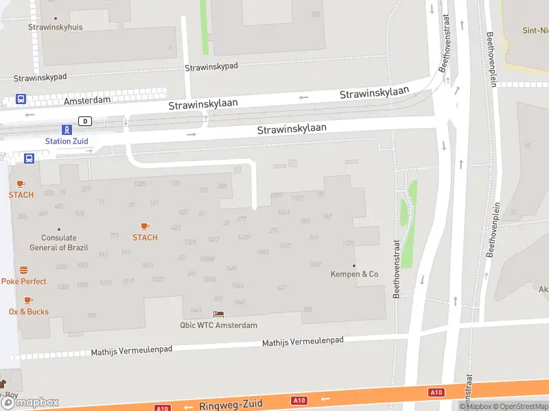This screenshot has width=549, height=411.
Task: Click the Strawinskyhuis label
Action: (x=56, y=27)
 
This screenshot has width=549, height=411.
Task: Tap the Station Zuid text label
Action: (x=67, y=141)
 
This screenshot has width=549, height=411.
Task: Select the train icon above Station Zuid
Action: (x=67, y=129)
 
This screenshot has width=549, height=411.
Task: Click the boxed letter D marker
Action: (x=85, y=121)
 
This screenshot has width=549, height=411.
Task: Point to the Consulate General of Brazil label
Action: (x=58, y=242)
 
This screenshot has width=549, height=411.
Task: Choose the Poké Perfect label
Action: (x=24, y=282)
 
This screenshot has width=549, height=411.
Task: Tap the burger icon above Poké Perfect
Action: (x=24, y=270)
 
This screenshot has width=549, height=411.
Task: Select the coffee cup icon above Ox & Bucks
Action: (x=27, y=300)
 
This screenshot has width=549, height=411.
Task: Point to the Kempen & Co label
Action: (x=355, y=274)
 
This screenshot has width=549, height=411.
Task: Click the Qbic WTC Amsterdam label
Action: (x=218, y=325)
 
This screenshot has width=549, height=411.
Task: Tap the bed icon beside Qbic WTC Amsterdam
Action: (x=218, y=314)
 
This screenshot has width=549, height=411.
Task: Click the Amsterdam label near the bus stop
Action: (x=87, y=100)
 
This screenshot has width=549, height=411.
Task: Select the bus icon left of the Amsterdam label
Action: (x=21, y=99)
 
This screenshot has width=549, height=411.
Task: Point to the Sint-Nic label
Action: (x=535, y=31)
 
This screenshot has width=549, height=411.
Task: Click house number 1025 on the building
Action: (x=140, y=184)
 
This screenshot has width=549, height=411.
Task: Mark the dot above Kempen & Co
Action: (x=354, y=265)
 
